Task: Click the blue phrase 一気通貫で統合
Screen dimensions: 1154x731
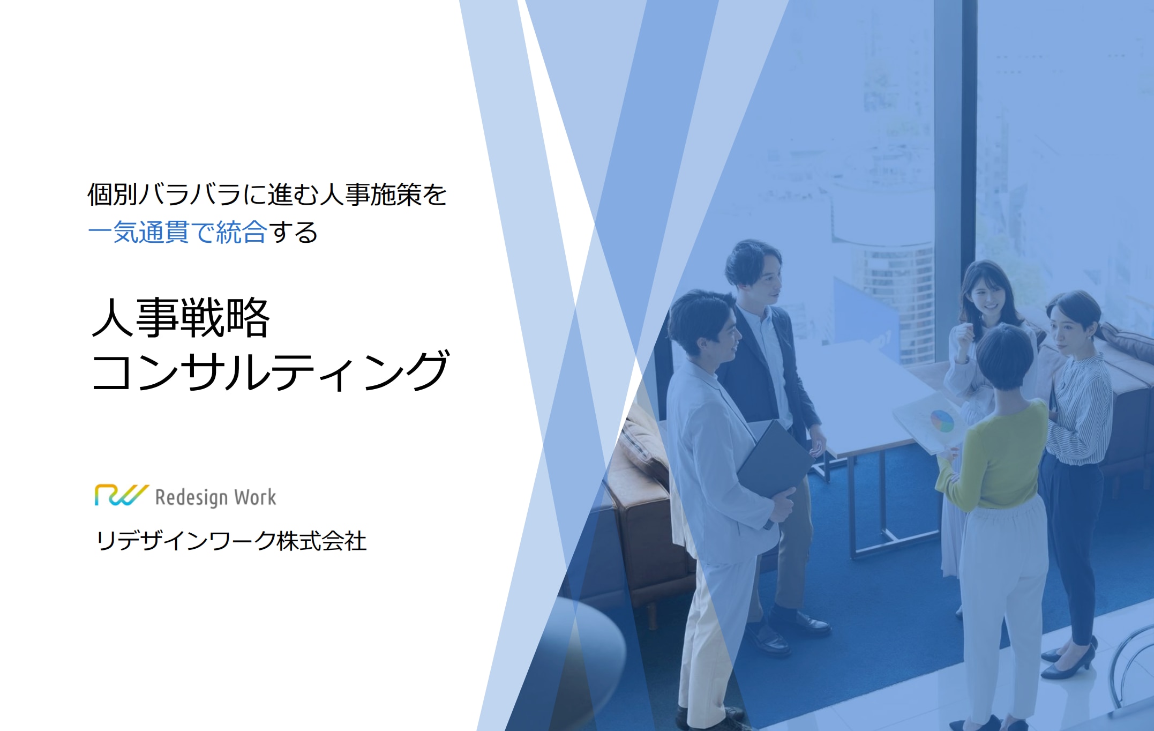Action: click(177, 233)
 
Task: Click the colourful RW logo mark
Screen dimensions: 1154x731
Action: click(121, 495)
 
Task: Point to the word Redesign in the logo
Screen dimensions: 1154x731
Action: click(191, 498)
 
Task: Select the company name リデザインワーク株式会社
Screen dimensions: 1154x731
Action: click(231, 541)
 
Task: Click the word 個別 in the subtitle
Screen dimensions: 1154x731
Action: click(113, 194)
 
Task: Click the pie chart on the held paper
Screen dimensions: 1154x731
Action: click(942, 421)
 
